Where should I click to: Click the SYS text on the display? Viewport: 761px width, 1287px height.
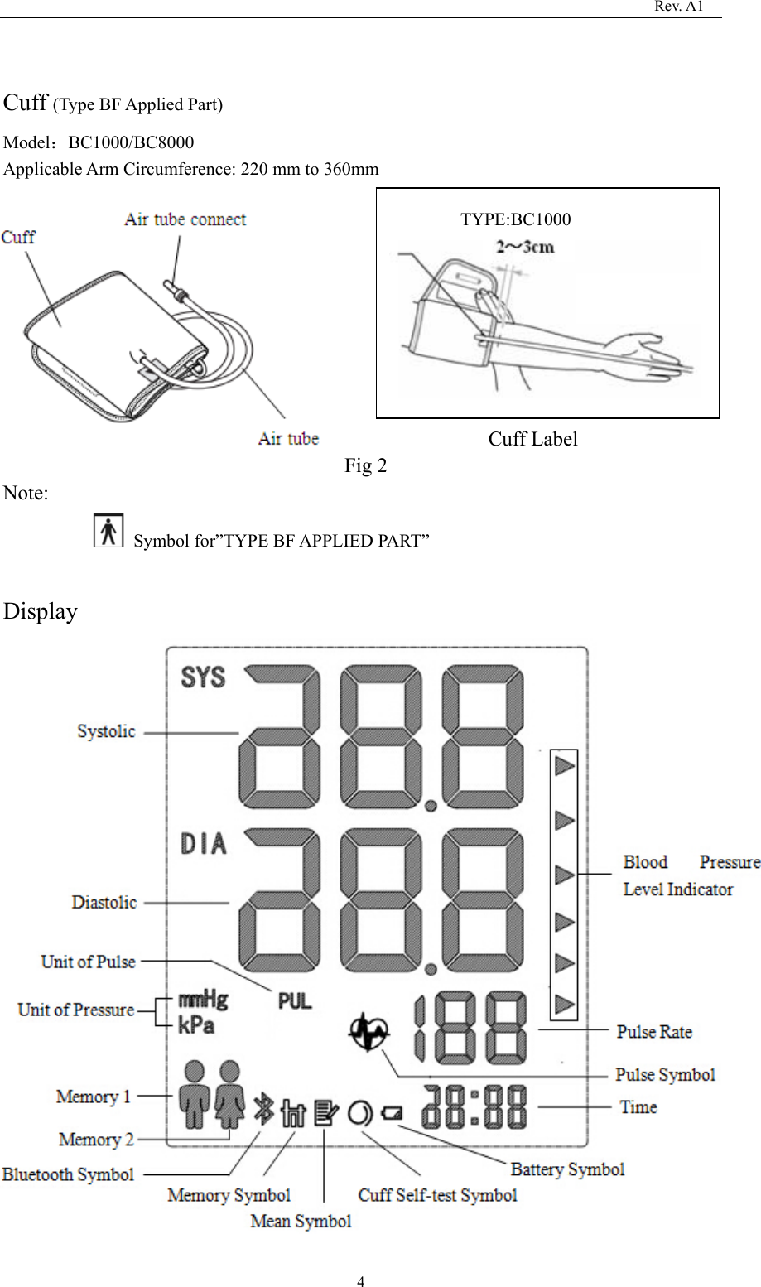tap(203, 677)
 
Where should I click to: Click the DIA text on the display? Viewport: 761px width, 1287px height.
tap(203, 844)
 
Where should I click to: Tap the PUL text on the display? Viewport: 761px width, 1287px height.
tap(295, 1001)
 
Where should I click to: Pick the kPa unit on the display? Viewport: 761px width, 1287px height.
tap(196, 1024)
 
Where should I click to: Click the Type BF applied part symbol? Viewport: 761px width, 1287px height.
tap(108, 531)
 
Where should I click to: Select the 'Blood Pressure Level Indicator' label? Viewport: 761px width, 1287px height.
tap(691, 875)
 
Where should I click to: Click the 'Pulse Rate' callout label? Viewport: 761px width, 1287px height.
tap(654, 1032)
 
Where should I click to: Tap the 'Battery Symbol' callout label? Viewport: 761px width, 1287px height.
tap(567, 1169)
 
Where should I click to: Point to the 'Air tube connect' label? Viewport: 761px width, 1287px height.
tap(185, 219)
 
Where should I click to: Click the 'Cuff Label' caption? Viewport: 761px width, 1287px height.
tap(532, 439)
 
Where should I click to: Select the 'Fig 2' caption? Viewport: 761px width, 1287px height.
tap(365, 465)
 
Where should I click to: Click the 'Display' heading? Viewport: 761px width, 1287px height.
tap(41, 611)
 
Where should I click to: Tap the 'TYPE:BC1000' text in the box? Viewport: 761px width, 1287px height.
tap(515, 219)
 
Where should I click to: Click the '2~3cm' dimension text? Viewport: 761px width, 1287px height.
tap(525, 246)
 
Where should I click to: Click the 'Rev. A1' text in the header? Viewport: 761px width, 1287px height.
tap(678, 7)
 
